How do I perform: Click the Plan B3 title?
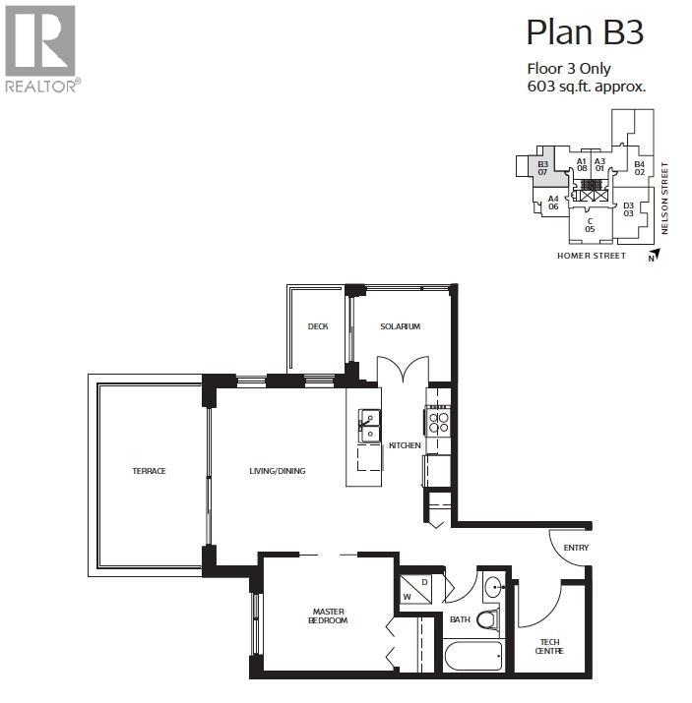pyautogui.click(x=585, y=32)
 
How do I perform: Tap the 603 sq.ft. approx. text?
pyautogui.click(x=587, y=87)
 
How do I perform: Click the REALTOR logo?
pyautogui.click(x=40, y=49)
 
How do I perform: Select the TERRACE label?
pyautogui.click(x=150, y=471)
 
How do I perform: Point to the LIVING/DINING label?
pyautogui.click(x=277, y=471)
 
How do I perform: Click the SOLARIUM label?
pyautogui.click(x=401, y=326)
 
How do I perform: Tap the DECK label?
pyautogui.click(x=317, y=326)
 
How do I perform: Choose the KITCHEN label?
pyautogui.click(x=405, y=445)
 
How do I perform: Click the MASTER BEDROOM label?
pyautogui.click(x=325, y=615)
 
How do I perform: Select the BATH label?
pyautogui.click(x=460, y=620)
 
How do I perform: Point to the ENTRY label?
pyautogui.click(x=575, y=548)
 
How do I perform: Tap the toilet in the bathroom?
pyautogui.click(x=487, y=620)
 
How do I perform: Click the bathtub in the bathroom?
pyautogui.click(x=472, y=656)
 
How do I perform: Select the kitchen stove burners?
pyautogui.click(x=438, y=422)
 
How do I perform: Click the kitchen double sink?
pyautogui.click(x=369, y=427)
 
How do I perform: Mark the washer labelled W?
pyautogui.click(x=408, y=595)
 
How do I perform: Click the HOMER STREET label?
pyautogui.click(x=591, y=256)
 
